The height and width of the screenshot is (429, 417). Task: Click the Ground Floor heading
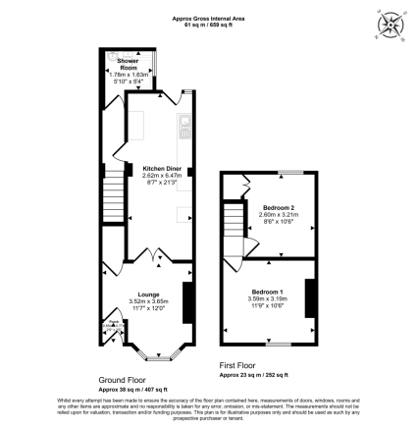click(x=122, y=378)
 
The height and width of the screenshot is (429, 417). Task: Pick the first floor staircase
click(x=234, y=215)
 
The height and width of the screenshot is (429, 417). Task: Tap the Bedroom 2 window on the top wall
click(x=284, y=173)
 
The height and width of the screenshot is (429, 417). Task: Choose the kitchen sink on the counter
click(x=183, y=126)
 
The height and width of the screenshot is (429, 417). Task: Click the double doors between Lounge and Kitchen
click(x=150, y=254)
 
